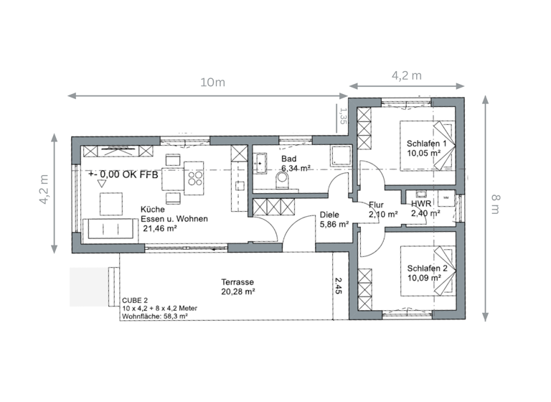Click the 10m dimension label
[212, 83]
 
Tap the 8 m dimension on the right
[495, 207]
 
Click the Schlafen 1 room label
[426, 144]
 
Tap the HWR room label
[421, 204]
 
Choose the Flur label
[377, 205]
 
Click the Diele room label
[329, 214]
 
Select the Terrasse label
[237, 282]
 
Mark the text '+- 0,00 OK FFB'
[123, 174]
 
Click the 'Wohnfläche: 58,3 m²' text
[155, 315]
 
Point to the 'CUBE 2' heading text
[135, 300]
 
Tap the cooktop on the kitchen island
[194, 173]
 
